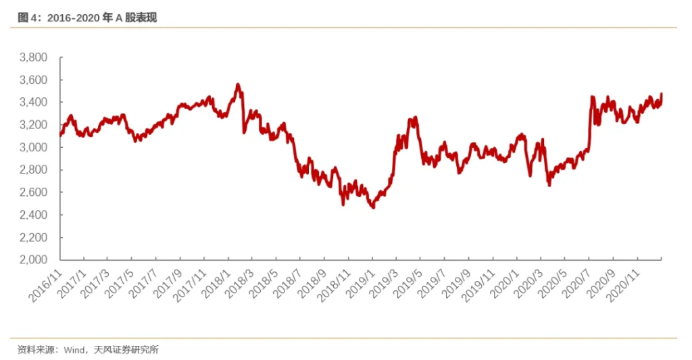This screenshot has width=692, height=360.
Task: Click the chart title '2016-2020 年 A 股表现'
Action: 101,18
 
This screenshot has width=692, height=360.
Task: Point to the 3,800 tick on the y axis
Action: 34,58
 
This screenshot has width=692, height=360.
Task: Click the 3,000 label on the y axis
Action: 34,148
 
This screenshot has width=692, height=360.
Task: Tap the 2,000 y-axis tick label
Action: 34,260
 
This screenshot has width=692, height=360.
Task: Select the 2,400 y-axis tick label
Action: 34,215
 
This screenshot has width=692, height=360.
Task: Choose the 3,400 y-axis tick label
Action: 34,103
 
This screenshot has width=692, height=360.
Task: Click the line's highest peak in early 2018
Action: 237,85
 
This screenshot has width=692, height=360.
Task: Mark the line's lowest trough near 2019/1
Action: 372,207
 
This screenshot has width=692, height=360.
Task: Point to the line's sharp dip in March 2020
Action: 549,184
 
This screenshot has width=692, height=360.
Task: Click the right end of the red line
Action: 662,95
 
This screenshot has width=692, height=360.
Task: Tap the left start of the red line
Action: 61,135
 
